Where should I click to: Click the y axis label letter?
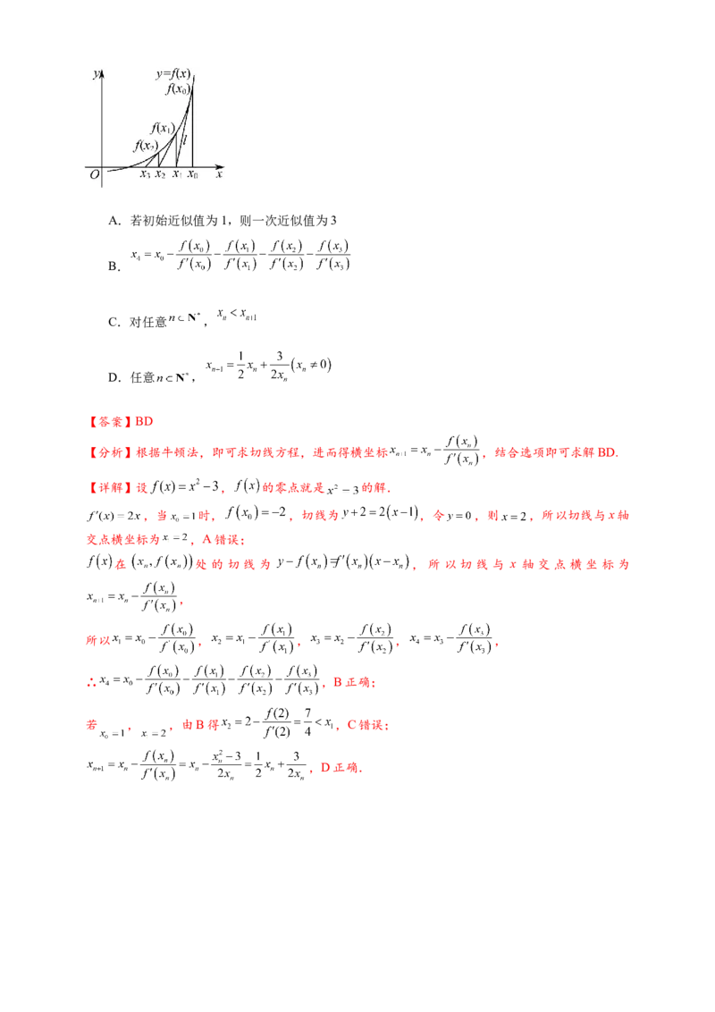96,74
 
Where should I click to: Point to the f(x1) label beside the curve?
162,128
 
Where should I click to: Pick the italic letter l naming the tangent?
184,139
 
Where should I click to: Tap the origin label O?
95,176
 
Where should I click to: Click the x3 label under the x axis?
145,175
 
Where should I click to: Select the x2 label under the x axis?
160,175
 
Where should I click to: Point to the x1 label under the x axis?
177,175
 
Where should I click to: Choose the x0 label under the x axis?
193,175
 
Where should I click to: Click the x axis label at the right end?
218,175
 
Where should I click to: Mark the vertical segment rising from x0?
193,125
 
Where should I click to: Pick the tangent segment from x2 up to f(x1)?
168,150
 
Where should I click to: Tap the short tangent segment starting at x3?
152,160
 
